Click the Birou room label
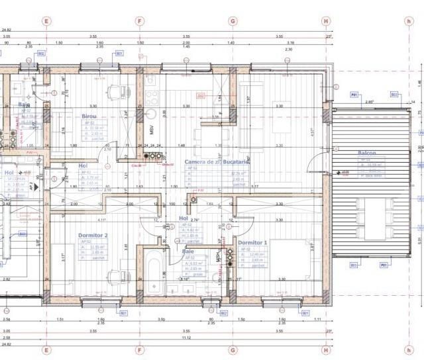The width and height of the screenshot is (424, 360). [89, 116]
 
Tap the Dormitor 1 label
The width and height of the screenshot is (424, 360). [252, 243]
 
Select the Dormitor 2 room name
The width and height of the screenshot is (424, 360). [93, 235]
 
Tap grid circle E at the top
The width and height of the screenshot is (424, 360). [46, 21]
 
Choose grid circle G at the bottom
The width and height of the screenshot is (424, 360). [233, 349]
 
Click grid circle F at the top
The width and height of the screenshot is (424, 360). [140, 21]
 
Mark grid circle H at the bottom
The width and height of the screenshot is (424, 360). [326, 349]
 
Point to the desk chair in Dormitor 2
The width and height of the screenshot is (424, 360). [116, 277]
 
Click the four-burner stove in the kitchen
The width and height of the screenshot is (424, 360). [152, 98]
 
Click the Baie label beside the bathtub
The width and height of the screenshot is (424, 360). [189, 251]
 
